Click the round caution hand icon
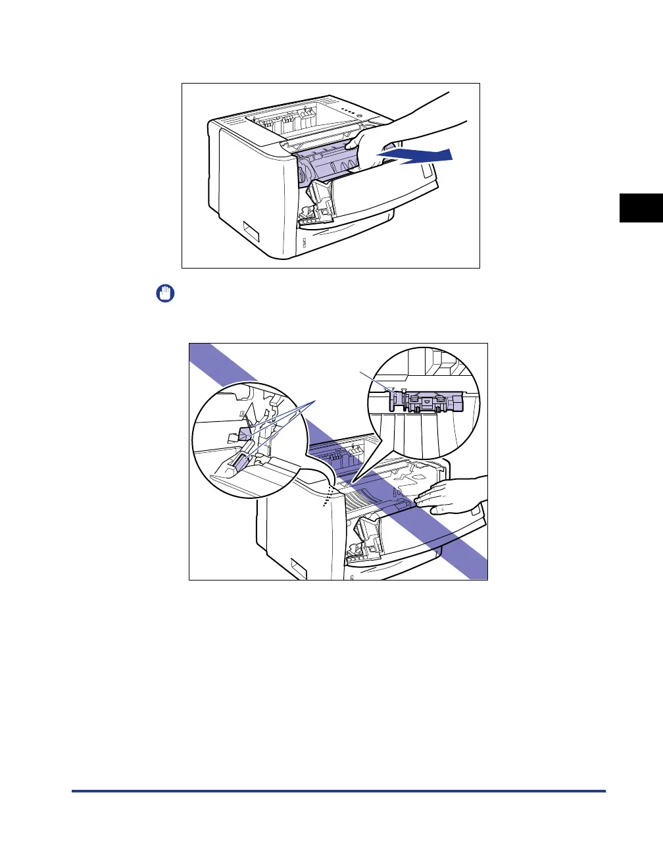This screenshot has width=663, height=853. pyautogui.click(x=164, y=293)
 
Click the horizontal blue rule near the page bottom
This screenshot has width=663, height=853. pyautogui.click(x=338, y=791)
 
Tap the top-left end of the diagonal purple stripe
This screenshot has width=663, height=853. pyautogui.click(x=197, y=352)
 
